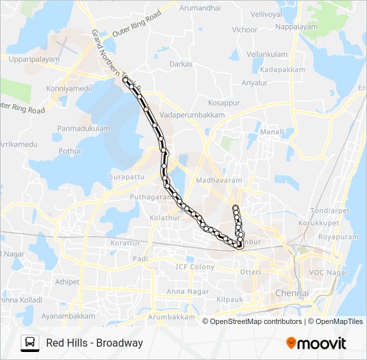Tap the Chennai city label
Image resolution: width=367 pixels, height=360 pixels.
tap(292, 293)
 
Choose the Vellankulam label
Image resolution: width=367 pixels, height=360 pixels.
tap(266, 54)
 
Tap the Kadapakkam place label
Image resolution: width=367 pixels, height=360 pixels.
tap(283, 69)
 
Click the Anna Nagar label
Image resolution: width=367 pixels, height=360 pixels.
tap(183, 291)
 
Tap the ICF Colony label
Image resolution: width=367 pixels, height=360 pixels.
tap(196, 267)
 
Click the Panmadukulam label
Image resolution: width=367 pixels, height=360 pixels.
tap(83, 127)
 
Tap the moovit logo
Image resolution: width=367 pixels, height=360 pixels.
tap(316, 343)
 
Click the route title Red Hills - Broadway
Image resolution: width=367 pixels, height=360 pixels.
tap(95, 343)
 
